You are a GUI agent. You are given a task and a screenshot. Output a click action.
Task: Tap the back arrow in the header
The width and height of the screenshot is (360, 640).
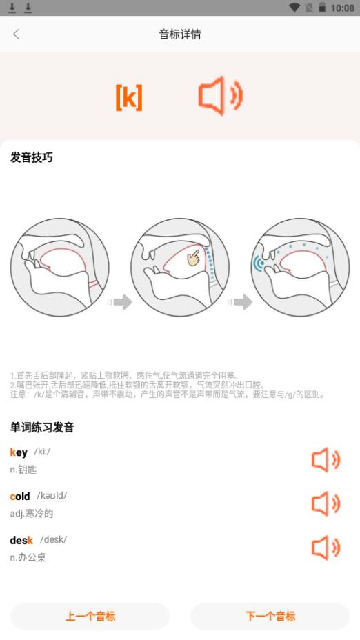point(17,34)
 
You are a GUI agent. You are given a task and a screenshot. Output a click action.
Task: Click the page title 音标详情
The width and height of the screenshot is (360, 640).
point(180,34)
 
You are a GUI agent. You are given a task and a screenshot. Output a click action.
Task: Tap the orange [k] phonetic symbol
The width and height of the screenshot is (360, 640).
point(129,98)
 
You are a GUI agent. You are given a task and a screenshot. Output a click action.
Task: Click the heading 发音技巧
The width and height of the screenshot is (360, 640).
point(32,157)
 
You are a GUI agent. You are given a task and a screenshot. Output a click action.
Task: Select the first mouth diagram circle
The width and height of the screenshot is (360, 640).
point(59,267)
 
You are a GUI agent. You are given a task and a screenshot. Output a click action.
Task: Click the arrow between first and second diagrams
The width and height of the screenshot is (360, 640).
point(119,302)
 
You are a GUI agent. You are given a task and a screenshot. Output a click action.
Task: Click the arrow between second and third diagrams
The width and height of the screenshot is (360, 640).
point(240,302)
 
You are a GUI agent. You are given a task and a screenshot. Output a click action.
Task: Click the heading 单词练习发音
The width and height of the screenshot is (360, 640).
point(42,428)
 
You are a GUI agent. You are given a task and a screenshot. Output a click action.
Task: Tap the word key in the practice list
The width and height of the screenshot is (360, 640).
point(19,452)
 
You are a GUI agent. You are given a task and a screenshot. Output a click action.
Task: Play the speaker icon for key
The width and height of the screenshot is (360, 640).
point(326,461)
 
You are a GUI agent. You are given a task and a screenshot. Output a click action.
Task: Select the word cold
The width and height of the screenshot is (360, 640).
point(20,497)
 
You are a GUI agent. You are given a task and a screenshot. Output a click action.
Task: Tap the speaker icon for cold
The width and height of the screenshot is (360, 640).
point(326,504)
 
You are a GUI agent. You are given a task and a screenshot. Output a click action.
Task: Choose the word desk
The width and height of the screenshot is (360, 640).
point(21,540)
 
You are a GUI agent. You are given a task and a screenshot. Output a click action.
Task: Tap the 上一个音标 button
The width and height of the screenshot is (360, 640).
point(90,616)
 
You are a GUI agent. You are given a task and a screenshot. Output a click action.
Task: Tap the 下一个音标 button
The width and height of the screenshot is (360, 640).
point(270,616)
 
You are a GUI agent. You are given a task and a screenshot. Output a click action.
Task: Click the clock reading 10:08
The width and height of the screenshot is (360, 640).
point(342,8)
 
